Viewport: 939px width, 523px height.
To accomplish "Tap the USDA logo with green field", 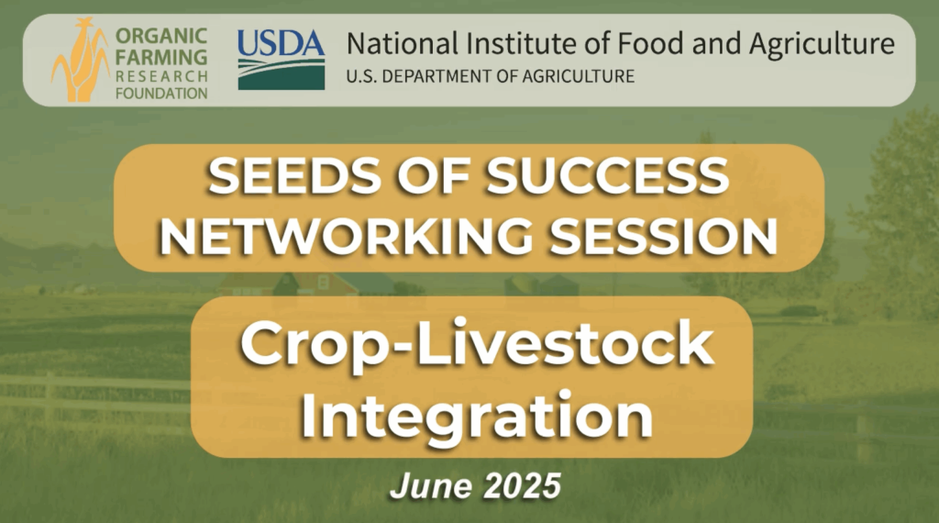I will point(281,61).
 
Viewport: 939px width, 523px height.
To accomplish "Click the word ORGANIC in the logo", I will point(161,37).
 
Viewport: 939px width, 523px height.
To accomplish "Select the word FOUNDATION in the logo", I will point(161,94).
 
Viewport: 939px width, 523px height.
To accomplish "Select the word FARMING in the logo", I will point(161,56).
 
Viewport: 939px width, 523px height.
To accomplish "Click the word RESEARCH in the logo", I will point(161,75).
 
